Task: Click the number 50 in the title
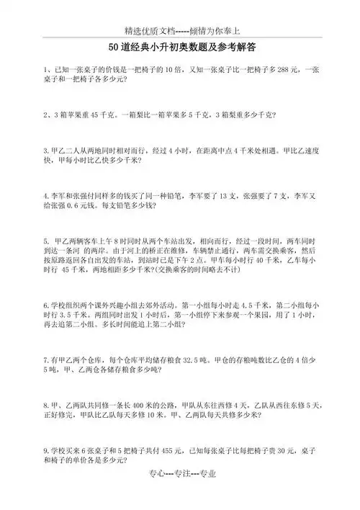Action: (114, 47)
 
